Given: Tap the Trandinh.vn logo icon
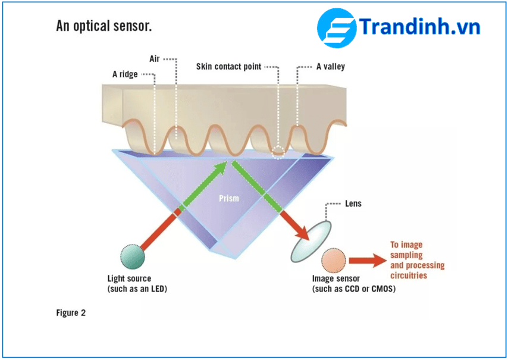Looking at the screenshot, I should tap(336, 29).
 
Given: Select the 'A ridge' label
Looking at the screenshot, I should tap(125, 74).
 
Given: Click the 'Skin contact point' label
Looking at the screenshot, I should tap(228, 67).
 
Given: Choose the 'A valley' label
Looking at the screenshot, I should tap(330, 67).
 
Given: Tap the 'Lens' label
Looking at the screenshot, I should tap(353, 204).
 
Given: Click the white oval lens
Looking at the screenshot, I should tap(311, 242).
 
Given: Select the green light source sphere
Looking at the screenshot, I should tap(132, 256).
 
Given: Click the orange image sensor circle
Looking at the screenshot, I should tap(334, 261).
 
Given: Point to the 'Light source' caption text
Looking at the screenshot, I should tap(129, 278).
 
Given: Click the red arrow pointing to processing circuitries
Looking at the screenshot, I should tap(367, 260).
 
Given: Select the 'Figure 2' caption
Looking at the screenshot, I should tap(71, 312).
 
